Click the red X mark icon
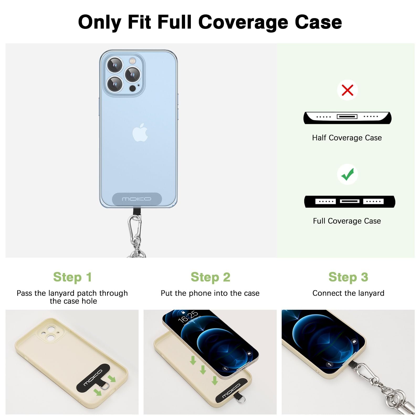(347, 90)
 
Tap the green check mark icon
(348, 174)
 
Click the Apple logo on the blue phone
(140, 132)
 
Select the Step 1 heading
(72, 277)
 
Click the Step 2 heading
(210, 277)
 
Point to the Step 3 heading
(348, 277)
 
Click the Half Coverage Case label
(347, 138)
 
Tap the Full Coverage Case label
(347, 221)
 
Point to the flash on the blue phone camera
(132, 61)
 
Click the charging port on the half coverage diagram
(347, 116)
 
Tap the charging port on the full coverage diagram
(349, 201)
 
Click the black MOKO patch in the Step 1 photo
(93, 377)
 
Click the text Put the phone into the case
(210, 293)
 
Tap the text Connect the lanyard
(348, 293)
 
